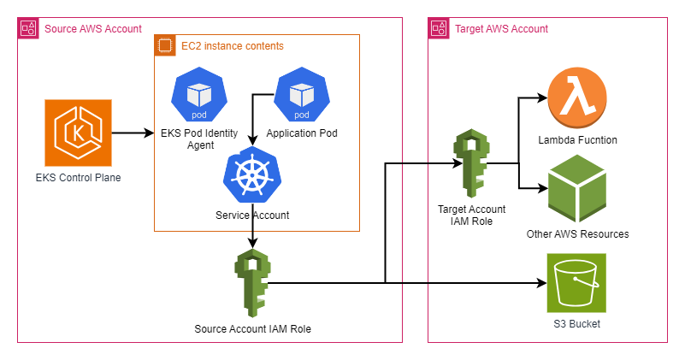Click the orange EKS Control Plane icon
(x=79, y=133)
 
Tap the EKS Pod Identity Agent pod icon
(x=198, y=97)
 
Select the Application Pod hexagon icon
(x=301, y=97)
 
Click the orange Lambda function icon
(x=577, y=98)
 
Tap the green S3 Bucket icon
(x=577, y=282)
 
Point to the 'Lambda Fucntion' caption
(x=577, y=139)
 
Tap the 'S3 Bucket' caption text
(x=577, y=324)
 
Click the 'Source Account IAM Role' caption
(x=252, y=328)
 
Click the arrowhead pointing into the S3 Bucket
(x=542, y=282)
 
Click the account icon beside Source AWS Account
(x=28, y=29)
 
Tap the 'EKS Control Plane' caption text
(x=79, y=179)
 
